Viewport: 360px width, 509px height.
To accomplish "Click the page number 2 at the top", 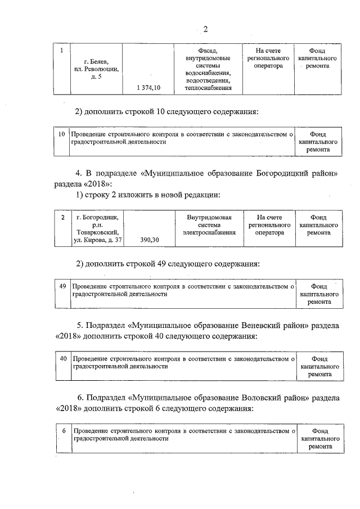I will point(206,29).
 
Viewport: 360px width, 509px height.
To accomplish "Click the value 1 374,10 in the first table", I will point(148,88).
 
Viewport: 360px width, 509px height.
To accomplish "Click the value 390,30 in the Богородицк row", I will point(148,240).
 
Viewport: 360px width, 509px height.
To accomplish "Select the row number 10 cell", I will point(61,134).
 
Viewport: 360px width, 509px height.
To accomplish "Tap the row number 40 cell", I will point(63,358).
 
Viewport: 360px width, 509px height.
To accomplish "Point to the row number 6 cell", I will point(64,431).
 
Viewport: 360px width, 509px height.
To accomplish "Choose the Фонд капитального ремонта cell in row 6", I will point(319,439).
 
